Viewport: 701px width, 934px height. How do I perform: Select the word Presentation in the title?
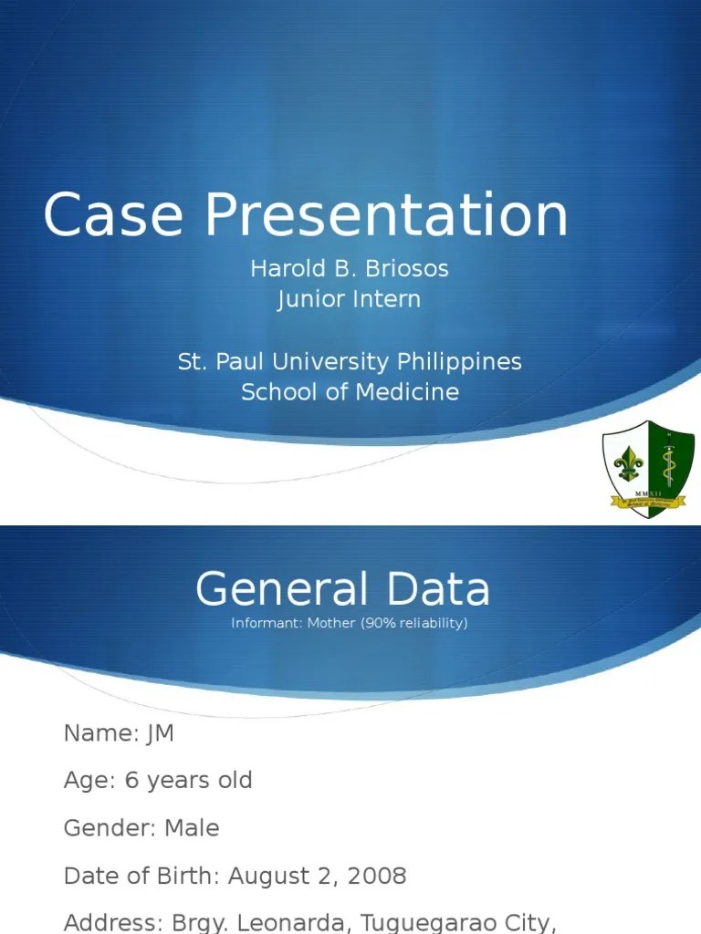click(x=386, y=216)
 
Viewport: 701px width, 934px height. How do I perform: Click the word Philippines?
click(x=459, y=361)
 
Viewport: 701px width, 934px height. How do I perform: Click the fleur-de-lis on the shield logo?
click(x=628, y=465)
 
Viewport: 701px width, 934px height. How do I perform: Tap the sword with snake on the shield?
click(x=669, y=461)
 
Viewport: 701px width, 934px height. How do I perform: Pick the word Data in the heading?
click(x=438, y=589)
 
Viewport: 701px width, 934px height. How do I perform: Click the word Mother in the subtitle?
click(x=331, y=623)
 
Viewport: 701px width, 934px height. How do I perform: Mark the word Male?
click(x=192, y=828)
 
